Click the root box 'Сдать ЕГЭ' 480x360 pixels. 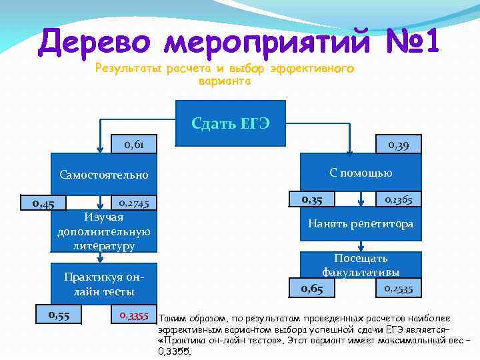click(230, 123)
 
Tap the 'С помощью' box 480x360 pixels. click(361, 173)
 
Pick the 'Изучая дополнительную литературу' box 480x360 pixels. click(103, 231)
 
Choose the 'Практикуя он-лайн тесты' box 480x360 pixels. click(103, 284)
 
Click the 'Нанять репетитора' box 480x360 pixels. click(361, 224)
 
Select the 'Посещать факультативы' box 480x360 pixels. click(361, 265)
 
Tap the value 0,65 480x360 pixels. click(311, 288)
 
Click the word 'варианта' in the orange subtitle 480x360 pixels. click(224, 81)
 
